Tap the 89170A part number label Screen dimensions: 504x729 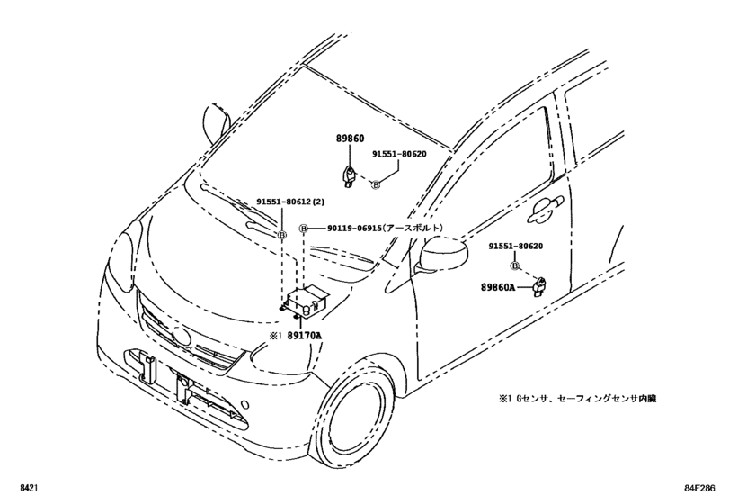coord(305,335)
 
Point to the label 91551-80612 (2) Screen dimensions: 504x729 coord(289,203)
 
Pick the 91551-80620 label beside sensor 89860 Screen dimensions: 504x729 coord(399,154)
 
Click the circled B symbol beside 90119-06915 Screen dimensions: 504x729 coord(304,229)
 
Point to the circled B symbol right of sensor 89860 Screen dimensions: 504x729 coord(377,184)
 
